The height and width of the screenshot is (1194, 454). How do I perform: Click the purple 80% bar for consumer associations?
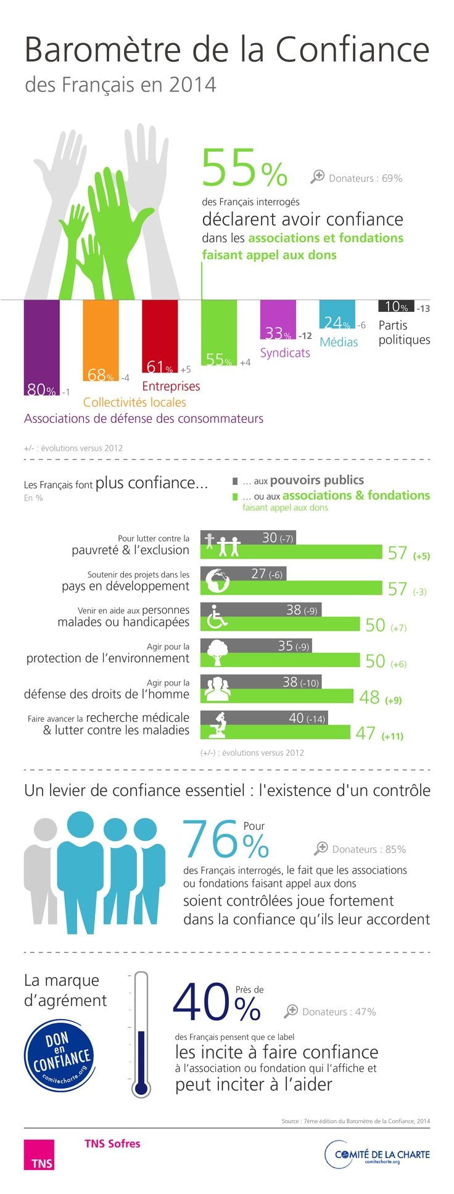tap(41, 345)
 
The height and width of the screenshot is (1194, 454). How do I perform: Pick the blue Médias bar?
tap(337, 313)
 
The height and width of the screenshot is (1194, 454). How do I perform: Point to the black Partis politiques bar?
tap(395, 306)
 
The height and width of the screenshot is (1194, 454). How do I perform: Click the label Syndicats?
tap(285, 353)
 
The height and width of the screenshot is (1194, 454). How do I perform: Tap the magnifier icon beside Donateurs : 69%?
tap(317, 177)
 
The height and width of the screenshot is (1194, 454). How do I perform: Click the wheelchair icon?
tap(217, 616)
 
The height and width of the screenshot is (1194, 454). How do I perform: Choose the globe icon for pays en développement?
tap(217, 580)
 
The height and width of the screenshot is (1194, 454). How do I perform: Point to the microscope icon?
tap(217, 724)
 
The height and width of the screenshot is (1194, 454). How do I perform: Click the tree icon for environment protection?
tap(217, 652)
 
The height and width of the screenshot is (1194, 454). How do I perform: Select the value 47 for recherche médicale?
tap(365, 734)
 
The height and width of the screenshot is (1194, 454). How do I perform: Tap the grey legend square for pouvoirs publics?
tap(235, 481)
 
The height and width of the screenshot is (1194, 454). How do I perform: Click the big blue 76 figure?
tap(210, 840)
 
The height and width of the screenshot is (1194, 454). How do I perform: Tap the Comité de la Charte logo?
tap(377, 1155)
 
